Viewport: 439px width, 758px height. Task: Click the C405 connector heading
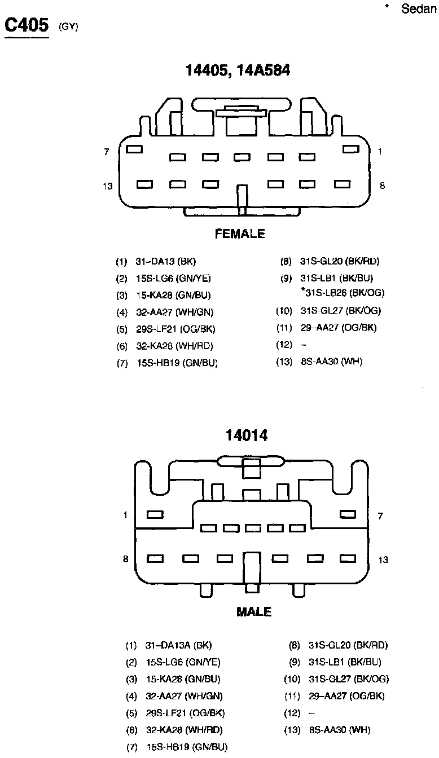point(27,26)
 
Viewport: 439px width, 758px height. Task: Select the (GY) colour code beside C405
point(68,27)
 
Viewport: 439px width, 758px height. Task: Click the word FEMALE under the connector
point(240,234)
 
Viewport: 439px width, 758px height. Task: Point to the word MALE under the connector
point(254,612)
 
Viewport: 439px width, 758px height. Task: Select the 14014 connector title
point(247,435)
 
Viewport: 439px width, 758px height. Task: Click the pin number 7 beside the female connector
point(106,152)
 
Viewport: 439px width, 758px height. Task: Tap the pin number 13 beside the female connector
point(108,186)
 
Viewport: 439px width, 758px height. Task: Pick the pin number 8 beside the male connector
point(125,559)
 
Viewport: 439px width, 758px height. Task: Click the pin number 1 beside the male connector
point(125,515)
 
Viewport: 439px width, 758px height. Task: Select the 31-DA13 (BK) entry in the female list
point(166,262)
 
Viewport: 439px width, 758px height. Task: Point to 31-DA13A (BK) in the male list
point(178,645)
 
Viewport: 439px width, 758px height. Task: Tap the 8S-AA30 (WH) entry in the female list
point(332,362)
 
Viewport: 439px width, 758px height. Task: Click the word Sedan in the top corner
point(420,9)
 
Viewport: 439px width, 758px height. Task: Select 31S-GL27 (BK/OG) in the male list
point(349,679)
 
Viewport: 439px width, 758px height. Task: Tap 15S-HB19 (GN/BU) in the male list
point(187,747)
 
